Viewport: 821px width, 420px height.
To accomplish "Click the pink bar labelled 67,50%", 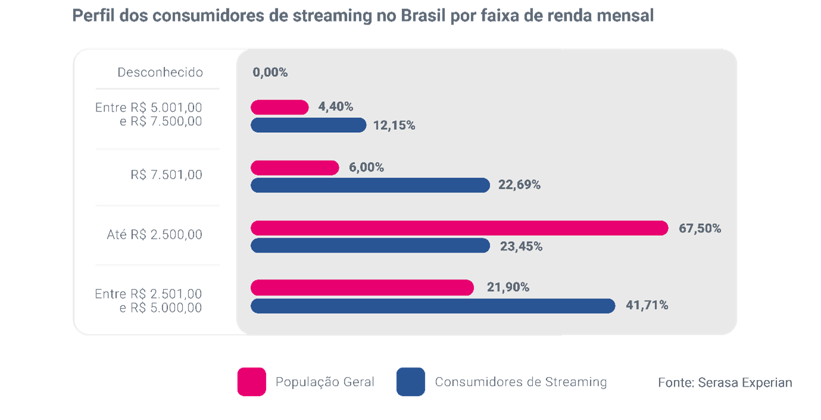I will [x=459, y=228].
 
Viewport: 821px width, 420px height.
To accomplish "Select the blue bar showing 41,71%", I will [x=433, y=306].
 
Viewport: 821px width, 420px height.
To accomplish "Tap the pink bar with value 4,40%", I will [x=279, y=107].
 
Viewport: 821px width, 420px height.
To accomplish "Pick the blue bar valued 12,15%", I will [x=308, y=125].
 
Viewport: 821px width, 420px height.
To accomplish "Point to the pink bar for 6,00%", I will [x=295, y=168].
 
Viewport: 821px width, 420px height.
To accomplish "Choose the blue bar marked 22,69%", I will [x=370, y=185].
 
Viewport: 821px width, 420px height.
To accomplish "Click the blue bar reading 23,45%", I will [x=370, y=245].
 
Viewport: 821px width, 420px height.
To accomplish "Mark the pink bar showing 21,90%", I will [x=362, y=288].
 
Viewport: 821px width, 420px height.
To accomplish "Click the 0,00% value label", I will [x=270, y=73].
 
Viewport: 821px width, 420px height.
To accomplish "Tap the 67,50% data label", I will [x=700, y=228].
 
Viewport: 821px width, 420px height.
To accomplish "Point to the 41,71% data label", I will [x=647, y=306].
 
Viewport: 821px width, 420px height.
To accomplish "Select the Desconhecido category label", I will [x=160, y=73].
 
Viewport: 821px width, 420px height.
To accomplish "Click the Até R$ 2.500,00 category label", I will [x=154, y=235].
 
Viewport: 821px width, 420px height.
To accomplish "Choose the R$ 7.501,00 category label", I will [x=166, y=175].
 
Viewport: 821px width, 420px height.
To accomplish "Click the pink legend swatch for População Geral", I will [x=251, y=382].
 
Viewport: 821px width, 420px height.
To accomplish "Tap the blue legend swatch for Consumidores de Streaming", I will [x=410, y=382].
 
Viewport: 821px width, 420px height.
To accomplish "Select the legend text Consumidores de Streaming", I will [x=520, y=382].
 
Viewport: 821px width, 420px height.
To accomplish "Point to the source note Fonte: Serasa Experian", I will [x=725, y=382].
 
